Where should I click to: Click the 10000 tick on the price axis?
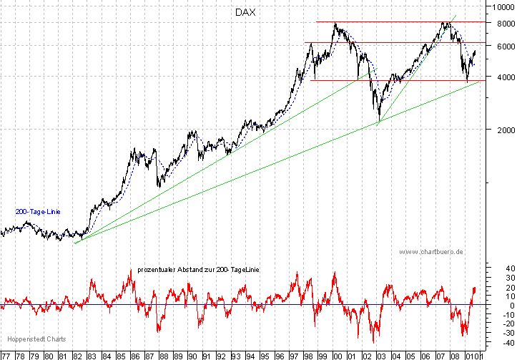point(500,7)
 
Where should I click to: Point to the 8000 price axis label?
point(502,24)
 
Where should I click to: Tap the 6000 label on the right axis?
point(502,46)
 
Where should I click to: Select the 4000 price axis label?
point(502,77)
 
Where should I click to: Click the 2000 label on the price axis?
point(502,130)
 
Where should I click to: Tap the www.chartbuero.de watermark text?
point(432,252)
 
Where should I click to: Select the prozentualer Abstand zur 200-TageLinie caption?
point(197,270)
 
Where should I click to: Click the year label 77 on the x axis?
point(7,355)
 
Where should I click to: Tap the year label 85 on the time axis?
point(121,355)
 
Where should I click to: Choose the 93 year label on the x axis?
point(236,355)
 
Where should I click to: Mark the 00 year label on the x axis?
point(337,355)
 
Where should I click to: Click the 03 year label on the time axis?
point(380,355)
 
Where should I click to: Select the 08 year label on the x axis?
point(452,355)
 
